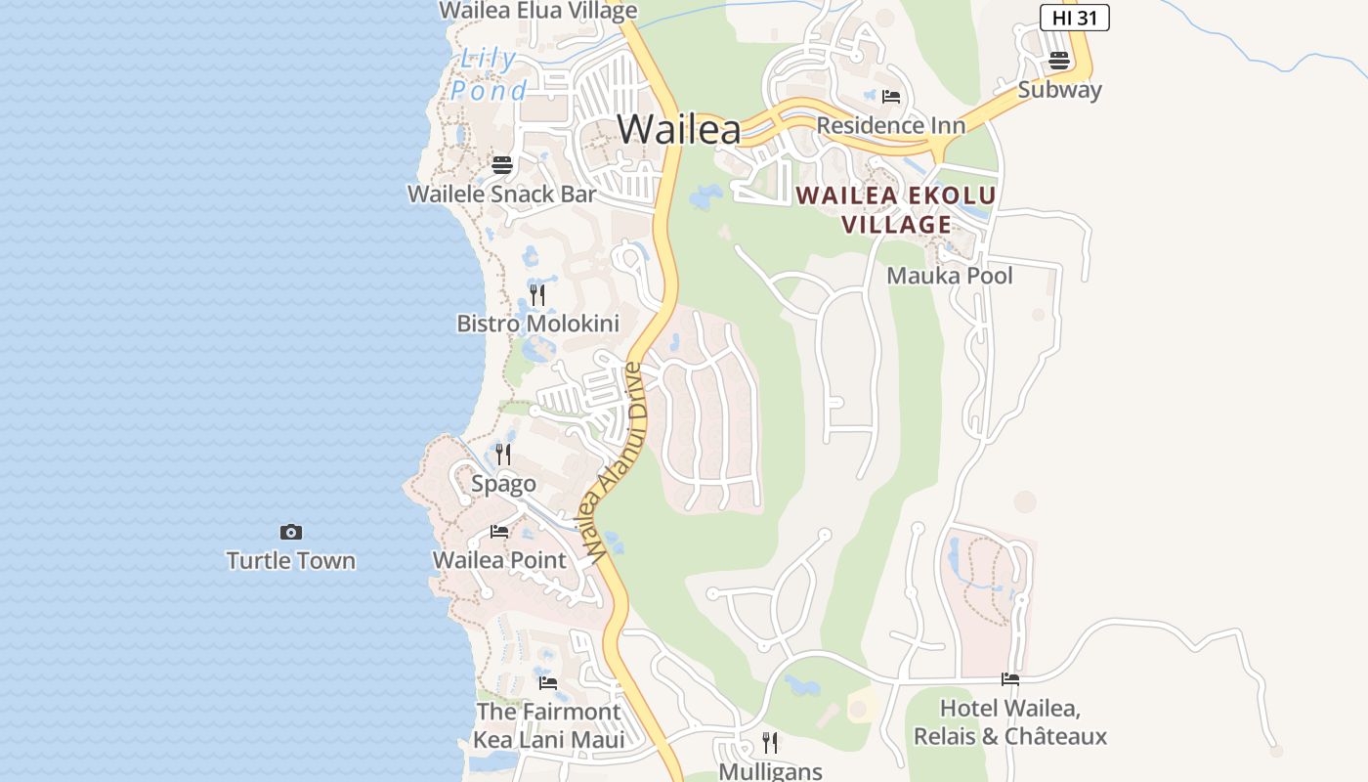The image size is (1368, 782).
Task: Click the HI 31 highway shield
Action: [1074, 18]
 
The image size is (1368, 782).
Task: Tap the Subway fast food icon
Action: [1059, 61]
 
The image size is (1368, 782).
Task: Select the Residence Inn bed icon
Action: [890, 97]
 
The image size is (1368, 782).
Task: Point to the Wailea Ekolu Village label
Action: [896, 210]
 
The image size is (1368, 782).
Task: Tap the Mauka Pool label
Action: [949, 276]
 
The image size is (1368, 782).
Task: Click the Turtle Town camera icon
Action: [290, 533]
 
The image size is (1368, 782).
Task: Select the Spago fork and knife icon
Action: [503, 455]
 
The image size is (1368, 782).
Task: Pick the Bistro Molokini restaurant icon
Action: [537, 294]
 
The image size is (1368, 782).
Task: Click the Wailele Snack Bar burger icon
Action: [502, 164]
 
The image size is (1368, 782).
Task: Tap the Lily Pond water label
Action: [489, 75]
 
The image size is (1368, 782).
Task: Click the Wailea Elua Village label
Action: [537, 11]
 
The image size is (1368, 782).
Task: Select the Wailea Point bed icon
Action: [499, 532]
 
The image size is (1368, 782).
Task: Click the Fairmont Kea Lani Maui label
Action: [548, 725]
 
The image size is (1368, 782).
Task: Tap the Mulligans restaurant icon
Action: [770, 743]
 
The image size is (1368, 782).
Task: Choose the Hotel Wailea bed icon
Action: [1009, 679]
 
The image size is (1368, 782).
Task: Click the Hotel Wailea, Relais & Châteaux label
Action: [1009, 721]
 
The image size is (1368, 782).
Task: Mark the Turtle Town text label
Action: [290, 561]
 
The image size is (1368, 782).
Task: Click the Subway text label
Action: [1059, 90]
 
